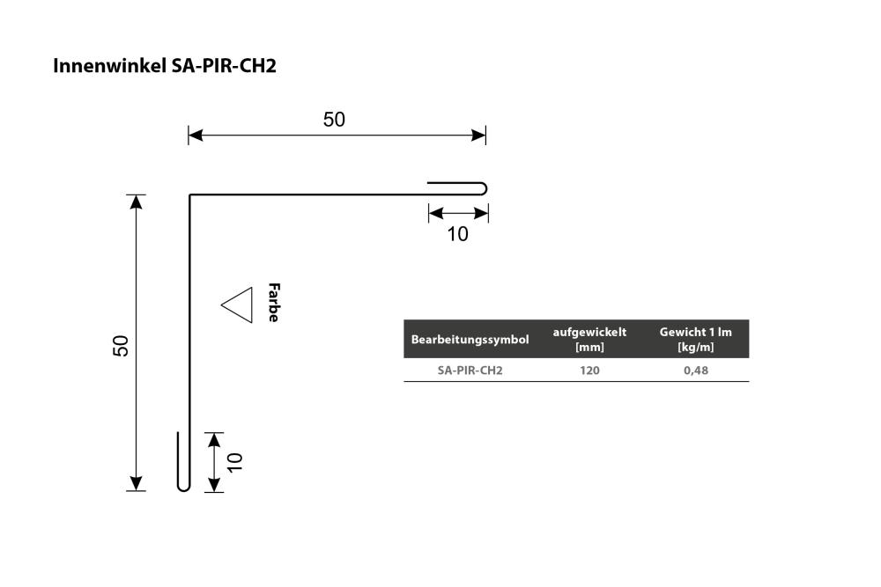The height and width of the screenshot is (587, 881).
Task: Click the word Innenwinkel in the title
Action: (109, 66)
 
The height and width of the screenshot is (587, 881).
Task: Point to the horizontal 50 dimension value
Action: (334, 120)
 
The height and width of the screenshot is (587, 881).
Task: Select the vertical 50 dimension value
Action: (121, 345)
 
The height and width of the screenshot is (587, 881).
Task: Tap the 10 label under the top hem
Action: (457, 234)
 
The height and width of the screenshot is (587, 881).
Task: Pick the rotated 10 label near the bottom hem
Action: (235, 462)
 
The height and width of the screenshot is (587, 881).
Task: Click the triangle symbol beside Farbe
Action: (237, 305)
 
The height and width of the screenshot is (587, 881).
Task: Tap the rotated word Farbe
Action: (274, 303)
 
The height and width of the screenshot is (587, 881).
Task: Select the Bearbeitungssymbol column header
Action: (470, 340)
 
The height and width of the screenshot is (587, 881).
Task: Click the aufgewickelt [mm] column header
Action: (589, 339)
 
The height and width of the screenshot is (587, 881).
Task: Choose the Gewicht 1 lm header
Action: (696, 339)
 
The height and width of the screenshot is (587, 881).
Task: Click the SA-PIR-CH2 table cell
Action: (470, 371)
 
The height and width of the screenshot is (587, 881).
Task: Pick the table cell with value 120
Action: (589, 371)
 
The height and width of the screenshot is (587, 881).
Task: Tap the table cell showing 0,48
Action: (696, 371)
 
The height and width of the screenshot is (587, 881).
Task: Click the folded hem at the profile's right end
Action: (485, 188)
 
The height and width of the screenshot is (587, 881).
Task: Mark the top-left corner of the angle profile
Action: (190, 194)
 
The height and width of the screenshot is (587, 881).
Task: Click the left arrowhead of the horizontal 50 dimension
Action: (196, 136)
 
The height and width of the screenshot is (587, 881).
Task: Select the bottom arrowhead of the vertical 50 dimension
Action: (136, 484)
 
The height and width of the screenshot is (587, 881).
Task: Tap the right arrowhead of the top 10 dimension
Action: (482, 213)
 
